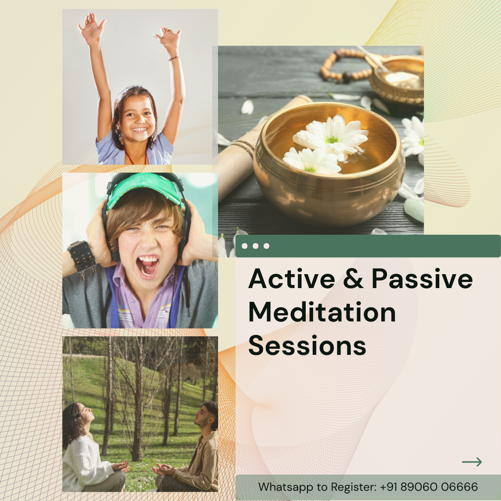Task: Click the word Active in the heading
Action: coord(292,279)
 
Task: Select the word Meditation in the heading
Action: coord(322,312)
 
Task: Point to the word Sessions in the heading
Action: coord(307,346)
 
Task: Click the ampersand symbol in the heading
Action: coord(353,279)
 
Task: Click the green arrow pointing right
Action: coord(472,462)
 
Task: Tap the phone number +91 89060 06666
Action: coord(429,487)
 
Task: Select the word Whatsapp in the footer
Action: coord(286,488)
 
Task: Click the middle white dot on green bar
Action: coord(255,246)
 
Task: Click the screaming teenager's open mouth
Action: coord(148,265)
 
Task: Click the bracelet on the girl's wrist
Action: coord(174,58)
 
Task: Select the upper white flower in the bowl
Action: coord(331,136)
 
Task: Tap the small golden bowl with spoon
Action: coord(398,80)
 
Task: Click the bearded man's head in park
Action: coord(206,415)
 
